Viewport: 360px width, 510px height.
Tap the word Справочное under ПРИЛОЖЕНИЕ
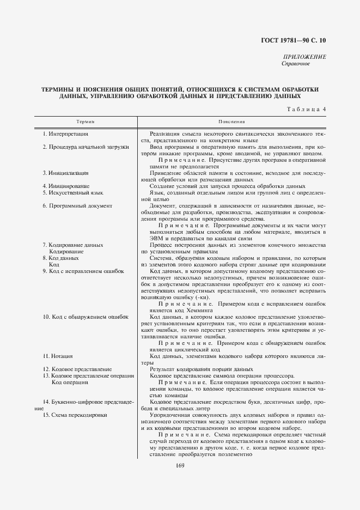tap(296, 64)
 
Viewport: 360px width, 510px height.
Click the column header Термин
tap(86, 122)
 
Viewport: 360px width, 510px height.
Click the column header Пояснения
tap(231, 122)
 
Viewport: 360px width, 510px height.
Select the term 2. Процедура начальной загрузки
tap(86, 147)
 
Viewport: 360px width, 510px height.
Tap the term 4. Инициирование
tap(66, 186)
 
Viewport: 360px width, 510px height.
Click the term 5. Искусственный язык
tap(72, 193)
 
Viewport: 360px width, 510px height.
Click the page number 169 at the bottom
tap(180, 465)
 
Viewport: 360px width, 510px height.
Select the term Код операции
tap(69, 382)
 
